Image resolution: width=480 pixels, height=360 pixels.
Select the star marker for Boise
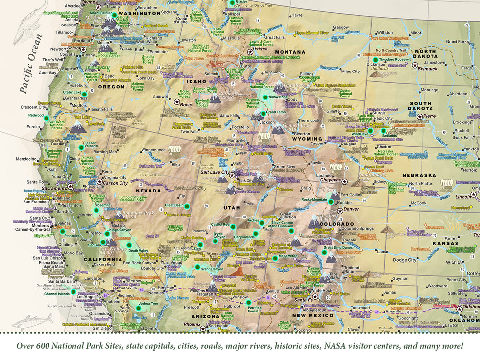click(177, 101)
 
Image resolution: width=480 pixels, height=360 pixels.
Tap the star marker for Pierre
click(420, 116)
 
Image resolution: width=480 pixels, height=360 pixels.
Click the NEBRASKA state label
click(420, 175)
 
